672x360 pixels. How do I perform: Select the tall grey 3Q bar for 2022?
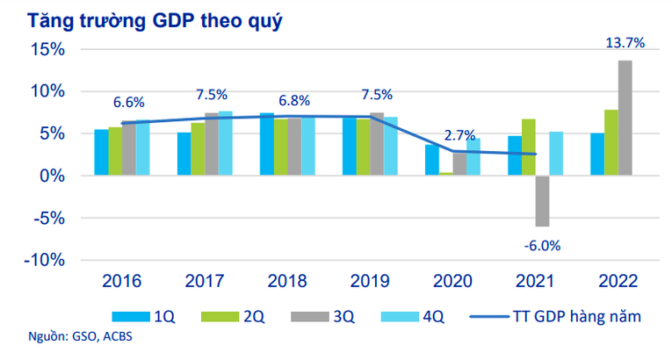point(625,118)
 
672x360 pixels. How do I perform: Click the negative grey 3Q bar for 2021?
point(542,200)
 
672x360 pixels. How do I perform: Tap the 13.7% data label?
point(625,42)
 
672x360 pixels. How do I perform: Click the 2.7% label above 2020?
point(459,135)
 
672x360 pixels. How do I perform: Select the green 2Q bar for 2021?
point(528,148)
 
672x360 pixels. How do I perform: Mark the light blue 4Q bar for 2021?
point(556,154)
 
